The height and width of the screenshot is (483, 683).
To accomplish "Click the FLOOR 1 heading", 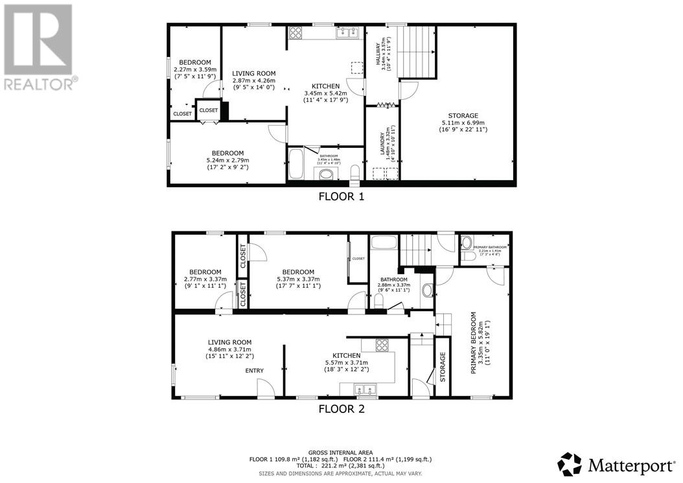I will tap(341, 196).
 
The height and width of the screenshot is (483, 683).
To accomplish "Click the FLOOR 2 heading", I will tap(341, 409).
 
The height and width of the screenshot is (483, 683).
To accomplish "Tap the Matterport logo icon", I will tap(570, 464).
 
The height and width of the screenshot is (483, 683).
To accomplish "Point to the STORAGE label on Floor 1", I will tap(463, 115).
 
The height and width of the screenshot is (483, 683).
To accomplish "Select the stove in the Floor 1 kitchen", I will tap(296, 32).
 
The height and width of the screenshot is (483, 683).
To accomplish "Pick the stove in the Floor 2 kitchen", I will tap(382, 344).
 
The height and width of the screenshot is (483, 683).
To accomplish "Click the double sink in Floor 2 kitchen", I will tap(363, 390).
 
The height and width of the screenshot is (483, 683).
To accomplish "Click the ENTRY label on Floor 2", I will tap(254, 371).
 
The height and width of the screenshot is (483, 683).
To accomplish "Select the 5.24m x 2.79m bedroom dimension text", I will tap(223, 161).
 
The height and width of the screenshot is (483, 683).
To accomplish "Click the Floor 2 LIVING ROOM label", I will tap(229, 342).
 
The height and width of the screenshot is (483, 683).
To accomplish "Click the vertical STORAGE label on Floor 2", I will tap(443, 366).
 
